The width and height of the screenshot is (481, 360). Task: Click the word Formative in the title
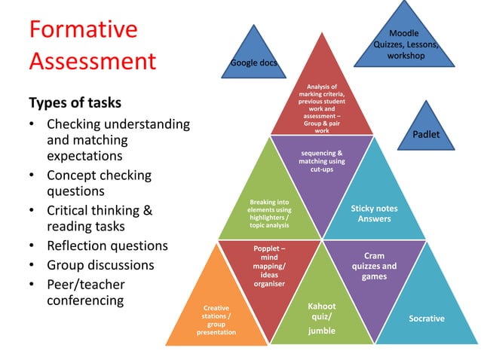pos(83,29)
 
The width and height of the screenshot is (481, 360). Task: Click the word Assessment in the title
pos(92,60)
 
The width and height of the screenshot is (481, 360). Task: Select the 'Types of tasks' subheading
pos(75,102)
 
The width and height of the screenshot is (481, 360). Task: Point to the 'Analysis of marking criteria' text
pos(322,108)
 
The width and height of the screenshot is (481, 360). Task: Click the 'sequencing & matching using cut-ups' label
pos(322,160)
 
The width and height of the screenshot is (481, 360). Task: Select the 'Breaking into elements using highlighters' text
pos(268,213)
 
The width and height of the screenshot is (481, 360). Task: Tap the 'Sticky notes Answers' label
pos(375,213)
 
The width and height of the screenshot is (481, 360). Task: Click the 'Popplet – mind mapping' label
pos(269,266)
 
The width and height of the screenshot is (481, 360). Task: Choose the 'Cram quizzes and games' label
pos(374,266)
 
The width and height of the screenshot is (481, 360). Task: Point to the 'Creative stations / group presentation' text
pos(216,319)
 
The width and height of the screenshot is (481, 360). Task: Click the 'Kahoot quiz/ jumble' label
pos(322,318)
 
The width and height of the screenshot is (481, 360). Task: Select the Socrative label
pos(427,319)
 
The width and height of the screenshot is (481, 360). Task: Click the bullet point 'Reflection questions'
pos(107,246)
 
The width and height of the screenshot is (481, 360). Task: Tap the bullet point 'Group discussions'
pos(100,265)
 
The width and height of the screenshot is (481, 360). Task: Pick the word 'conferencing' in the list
pos(86,300)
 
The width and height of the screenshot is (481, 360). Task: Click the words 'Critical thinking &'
pos(100,211)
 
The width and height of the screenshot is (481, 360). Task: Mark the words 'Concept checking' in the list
pos(99,175)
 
